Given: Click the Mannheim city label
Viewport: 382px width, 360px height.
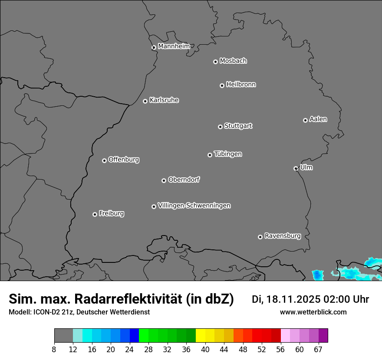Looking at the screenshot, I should coord(174,46).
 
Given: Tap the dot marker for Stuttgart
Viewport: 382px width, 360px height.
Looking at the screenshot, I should coord(221,127).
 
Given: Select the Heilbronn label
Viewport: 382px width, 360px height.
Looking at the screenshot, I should coord(241,85).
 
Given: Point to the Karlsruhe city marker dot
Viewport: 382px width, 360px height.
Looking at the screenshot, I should coord(145,101).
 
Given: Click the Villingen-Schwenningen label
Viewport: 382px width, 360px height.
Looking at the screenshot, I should coord(194,206).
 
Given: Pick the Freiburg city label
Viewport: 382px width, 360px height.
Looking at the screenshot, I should coord(111,213).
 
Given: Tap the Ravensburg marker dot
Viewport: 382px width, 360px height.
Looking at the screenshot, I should coord(260,237).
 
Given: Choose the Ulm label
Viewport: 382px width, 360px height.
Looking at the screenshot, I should coord(306,167).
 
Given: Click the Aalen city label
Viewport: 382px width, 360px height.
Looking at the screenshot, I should coord(318,119).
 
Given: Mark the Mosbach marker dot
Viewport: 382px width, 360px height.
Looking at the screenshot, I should coord(215,62).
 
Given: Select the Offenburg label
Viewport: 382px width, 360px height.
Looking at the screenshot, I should coord(124,160).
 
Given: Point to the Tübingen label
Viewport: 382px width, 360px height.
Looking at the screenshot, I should coord(228,154).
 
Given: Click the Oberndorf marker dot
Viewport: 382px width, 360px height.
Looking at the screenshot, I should coord(164,180).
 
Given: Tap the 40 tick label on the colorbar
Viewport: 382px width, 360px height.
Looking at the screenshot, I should coord(205,350).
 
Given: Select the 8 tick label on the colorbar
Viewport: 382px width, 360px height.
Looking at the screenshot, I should coord(54,350).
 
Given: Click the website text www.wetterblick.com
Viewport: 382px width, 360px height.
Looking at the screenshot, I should coord(313,312).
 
